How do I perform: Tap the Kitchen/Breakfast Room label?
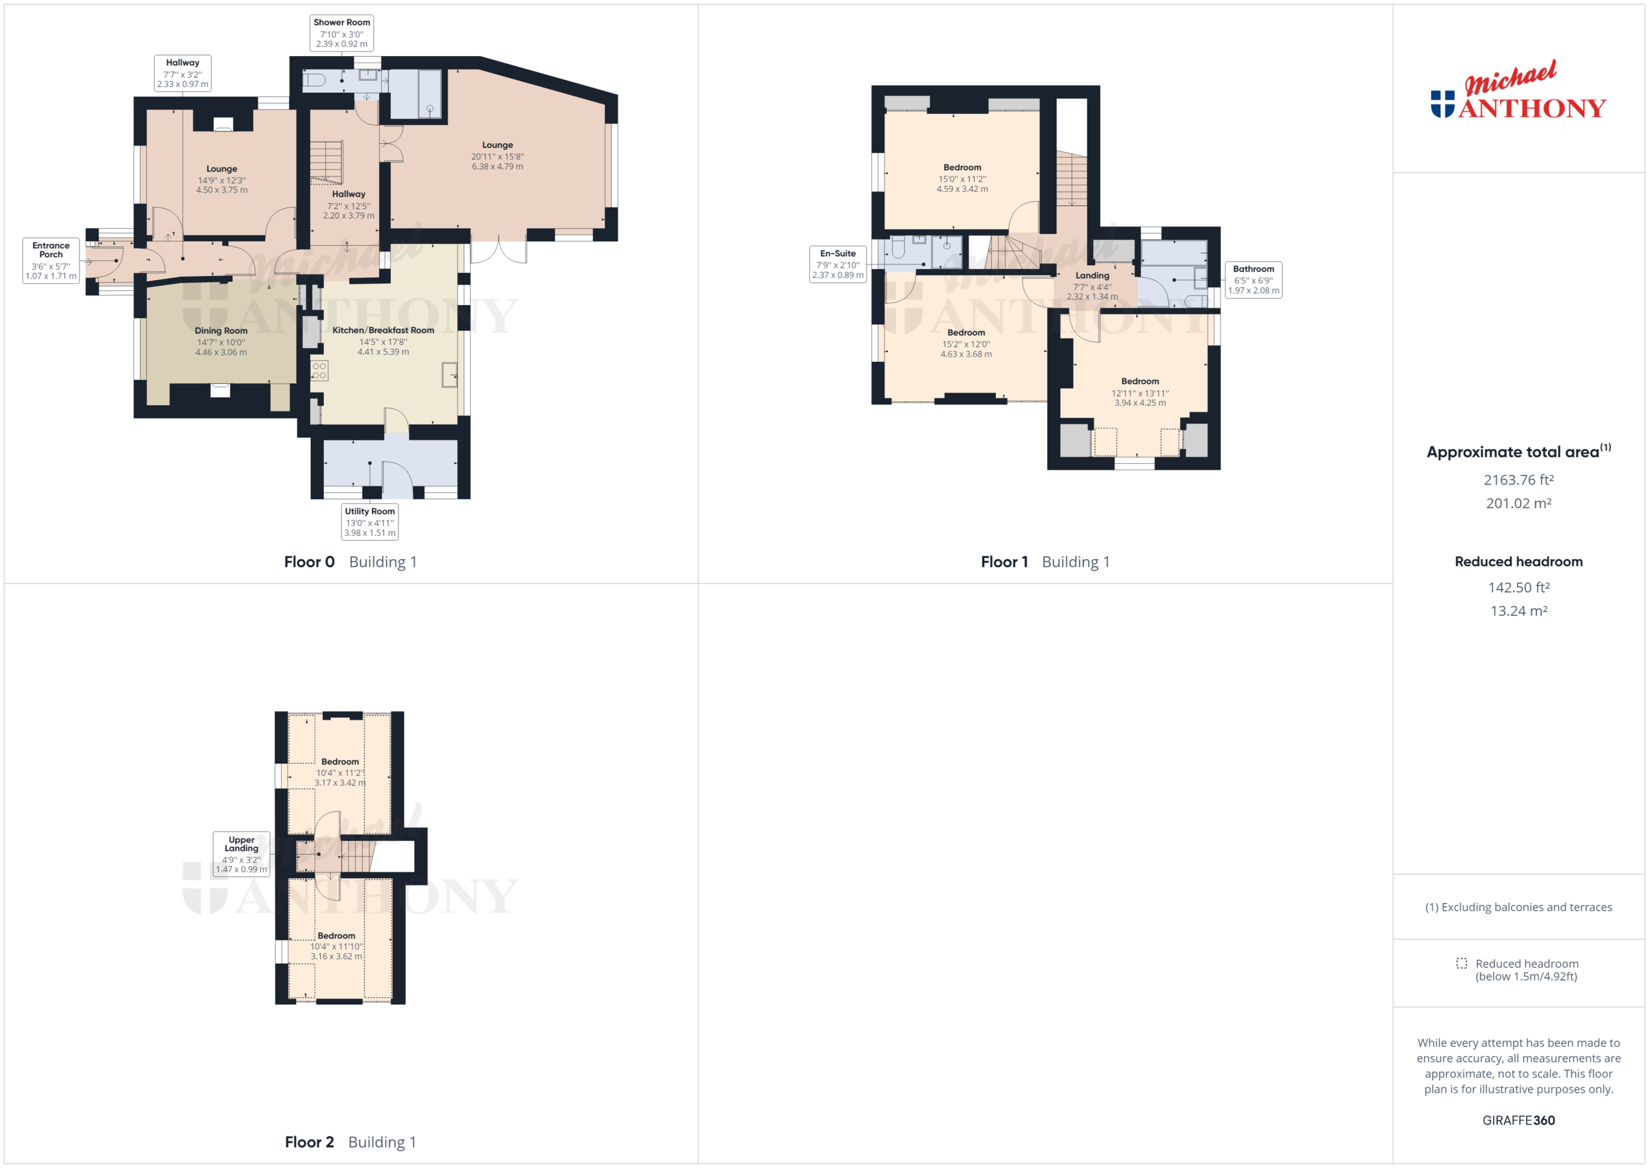click(x=382, y=330)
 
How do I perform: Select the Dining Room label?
click(x=221, y=331)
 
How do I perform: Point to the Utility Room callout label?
click(x=370, y=520)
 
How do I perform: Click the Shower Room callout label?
click(x=342, y=32)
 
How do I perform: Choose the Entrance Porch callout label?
click(x=50, y=260)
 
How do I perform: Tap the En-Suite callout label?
click(x=838, y=264)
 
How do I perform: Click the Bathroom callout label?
click(x=1252, y=279)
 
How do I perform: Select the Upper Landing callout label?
click(x=242, y=853)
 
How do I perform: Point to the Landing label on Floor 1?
click(x=1092, y=275)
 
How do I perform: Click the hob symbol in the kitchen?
click(x=319, y=370)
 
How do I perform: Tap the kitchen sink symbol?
click(x=450, y=375)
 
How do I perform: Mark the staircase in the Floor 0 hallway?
click(x=327, y=161)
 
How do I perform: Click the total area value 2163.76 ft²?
click(x=1518, y=480)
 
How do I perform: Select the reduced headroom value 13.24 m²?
click(x=1518, y=611)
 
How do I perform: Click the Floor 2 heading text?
click(x=309, y=1142)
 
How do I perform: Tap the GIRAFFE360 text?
click(x=1518, y=1120)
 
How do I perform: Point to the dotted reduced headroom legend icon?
click(x=1461, y=963)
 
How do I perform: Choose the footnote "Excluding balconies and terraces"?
click(x=1518, y=907)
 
